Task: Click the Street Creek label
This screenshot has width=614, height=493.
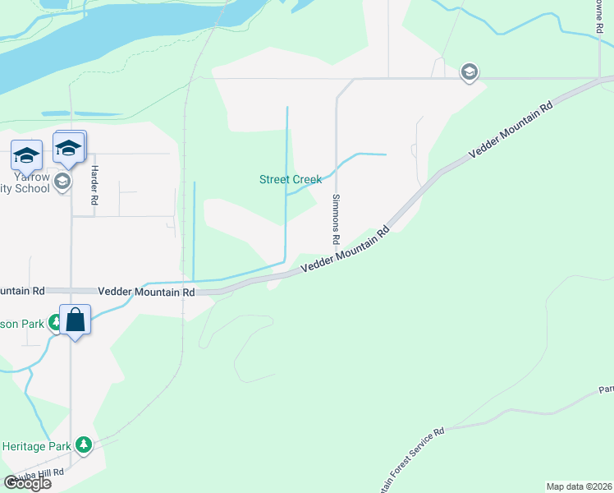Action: pos(291,179)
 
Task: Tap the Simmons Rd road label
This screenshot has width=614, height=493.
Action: pos(336,220)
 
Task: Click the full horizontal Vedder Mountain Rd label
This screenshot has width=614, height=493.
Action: pos(146,292)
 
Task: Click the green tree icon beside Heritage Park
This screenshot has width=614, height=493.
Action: pos(83,445)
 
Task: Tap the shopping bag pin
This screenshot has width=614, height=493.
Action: pos(75,320)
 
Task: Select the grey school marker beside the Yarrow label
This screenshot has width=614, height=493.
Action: pos(64,182)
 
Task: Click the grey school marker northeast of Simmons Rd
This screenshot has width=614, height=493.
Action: pos(469,71)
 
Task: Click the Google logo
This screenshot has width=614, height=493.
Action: pos(27,483)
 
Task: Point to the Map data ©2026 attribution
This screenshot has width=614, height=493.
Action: pos(579,486)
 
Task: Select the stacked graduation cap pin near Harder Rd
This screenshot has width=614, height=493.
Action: pos(70,147)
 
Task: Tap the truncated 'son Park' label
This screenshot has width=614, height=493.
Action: pos(23,324)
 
